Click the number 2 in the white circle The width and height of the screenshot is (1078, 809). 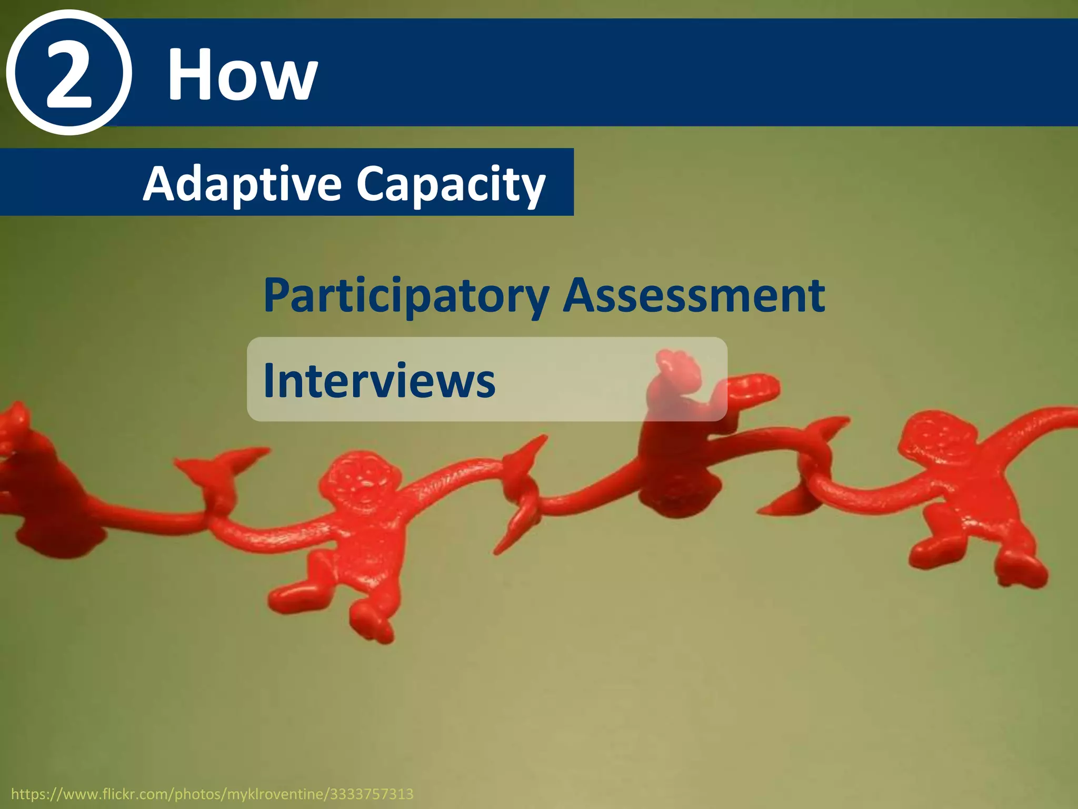coord(69,74)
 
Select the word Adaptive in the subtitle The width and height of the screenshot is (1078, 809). coord(242,184)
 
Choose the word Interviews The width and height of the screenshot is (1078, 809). coord(379,380)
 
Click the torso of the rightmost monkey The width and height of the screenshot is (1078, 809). coord(963,500)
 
